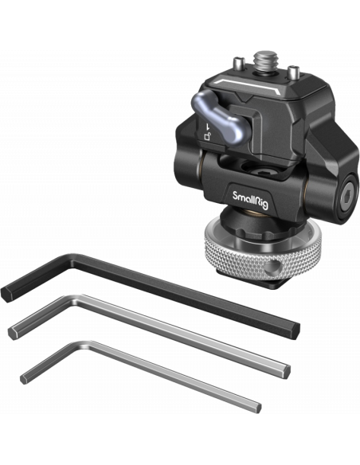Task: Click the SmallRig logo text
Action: (250, 200)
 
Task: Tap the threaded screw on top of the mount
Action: (265, 61)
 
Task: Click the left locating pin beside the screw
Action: (238, 64)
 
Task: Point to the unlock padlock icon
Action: (208, 136)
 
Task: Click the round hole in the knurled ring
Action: (273, 267)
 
